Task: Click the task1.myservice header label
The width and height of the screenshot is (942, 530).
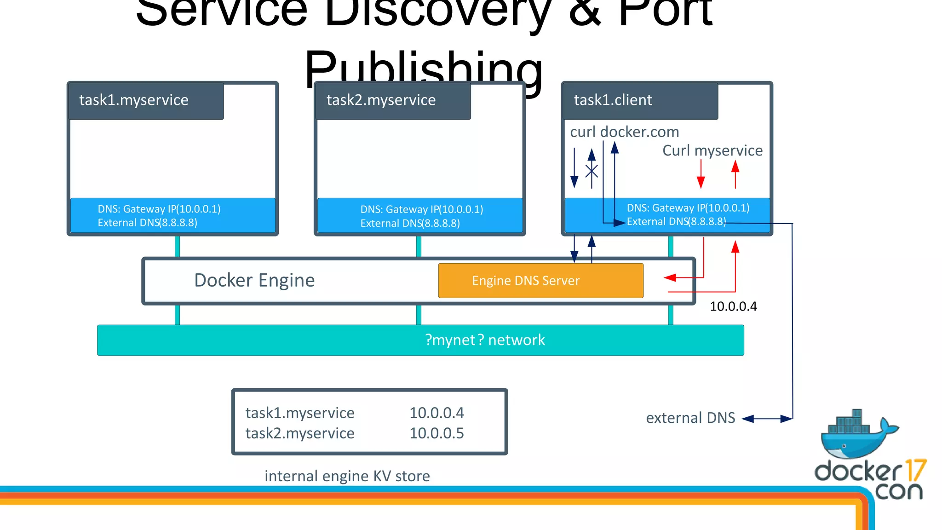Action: pyautogui.click(x=134, y=100)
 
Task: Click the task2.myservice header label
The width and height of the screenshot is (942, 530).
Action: pyautogui.click(x=381, y=100)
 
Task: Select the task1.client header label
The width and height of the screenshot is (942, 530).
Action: pyautogui.click(x=613, y=100)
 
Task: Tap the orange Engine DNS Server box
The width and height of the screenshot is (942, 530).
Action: pyautogui.click(x=540, y=281)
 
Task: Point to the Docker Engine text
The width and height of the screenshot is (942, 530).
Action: pyautogui.click(x=254, y=280)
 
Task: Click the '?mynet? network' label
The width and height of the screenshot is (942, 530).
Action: pyautogui.click(x=485, y=340)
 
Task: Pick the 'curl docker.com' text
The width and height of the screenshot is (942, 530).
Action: pyautogui.click(x=624, y=132)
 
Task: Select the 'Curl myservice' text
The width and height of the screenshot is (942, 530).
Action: pyautogui.click(x=712, y=150)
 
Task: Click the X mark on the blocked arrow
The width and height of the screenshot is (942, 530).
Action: pyautogui.click(x=592, y=171)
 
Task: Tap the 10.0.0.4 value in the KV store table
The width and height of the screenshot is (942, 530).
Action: pyautogui.click(x=437, y=413)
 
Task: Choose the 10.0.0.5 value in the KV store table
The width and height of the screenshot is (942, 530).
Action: pyautogui.click(x=437, y=433)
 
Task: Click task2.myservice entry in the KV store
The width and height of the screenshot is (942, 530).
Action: pyautogui.click(x=300, y=433)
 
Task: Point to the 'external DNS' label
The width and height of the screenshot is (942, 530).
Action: pyautogui.click(x=690, y=418)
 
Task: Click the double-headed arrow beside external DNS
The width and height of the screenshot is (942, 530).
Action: pyautogui.click(x=767, y=419)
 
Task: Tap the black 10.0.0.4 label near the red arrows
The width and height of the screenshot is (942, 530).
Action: pyautogui.click(x=733, y=306)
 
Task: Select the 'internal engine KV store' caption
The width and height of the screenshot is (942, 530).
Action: pyautogui.click(x=347, y=476)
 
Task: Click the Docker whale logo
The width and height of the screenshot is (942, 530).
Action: pyautogui.click(x=856, y=435)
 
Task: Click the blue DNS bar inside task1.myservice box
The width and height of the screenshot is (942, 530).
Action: pyautogui.click(x=172, y=215)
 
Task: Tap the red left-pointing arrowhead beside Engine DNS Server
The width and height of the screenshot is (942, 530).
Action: pyautogui.click(x=670, y=277)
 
